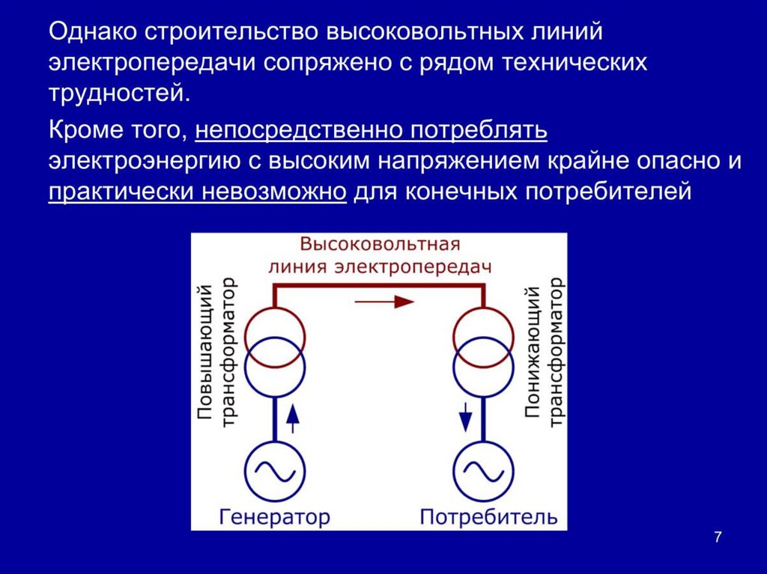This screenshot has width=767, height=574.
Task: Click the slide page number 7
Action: click(718, 537)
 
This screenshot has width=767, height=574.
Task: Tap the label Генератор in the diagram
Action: click(274, 516)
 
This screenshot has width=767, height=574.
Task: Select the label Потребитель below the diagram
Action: click(488, 516)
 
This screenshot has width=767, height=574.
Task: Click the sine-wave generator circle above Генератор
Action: click(274, 470)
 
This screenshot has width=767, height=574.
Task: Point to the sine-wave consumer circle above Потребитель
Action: click(483, 470)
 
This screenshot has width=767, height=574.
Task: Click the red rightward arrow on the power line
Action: click(383, 302)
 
